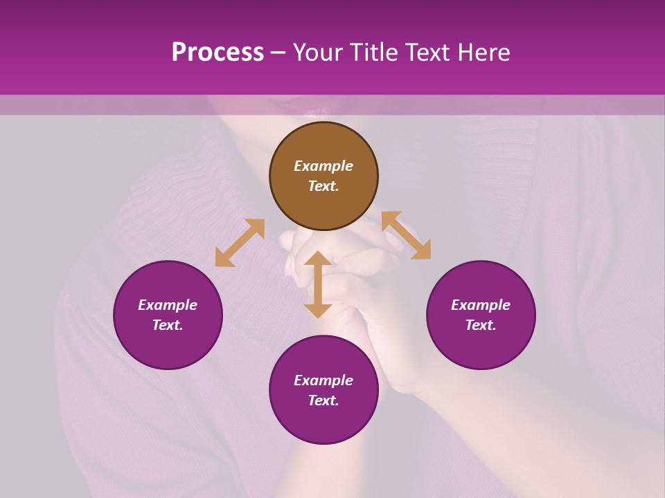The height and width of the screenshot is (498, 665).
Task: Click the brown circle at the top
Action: click(323, 176)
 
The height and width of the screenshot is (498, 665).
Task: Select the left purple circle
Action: click(168, 315)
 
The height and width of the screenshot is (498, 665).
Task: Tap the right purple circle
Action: click(481, 315)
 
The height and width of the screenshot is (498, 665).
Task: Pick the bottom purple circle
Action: click(323, 390)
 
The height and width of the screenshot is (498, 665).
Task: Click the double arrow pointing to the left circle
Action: click(240, 243)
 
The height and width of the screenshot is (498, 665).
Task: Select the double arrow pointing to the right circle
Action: click(406, 235)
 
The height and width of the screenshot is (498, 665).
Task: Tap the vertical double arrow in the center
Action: click(318, 284)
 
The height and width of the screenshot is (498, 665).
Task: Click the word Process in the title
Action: click(218, 52)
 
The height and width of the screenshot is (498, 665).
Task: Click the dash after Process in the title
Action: click(278, 53)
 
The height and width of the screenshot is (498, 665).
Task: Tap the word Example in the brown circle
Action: click(323, 166)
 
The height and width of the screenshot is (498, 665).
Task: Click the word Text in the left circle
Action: click(168, 325)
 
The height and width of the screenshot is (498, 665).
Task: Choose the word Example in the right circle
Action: click(481, 305)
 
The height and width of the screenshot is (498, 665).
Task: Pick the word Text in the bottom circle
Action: click(323, 400)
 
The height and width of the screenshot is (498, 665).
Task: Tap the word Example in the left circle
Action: click(168, 305)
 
